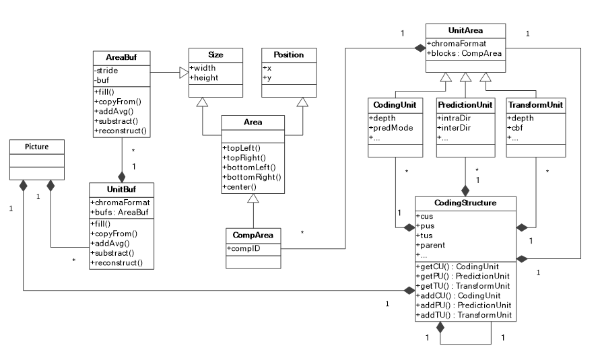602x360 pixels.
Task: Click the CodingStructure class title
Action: pos(465,203)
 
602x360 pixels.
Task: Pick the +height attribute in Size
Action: pos(205,78)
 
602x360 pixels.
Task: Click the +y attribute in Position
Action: pos(267,78)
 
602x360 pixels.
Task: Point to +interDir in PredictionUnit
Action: pos(453,128)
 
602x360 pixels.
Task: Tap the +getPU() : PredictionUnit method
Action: pos(463,277)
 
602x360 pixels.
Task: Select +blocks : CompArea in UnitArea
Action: pos(464,53)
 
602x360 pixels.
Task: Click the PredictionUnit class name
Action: pos(465,106)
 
